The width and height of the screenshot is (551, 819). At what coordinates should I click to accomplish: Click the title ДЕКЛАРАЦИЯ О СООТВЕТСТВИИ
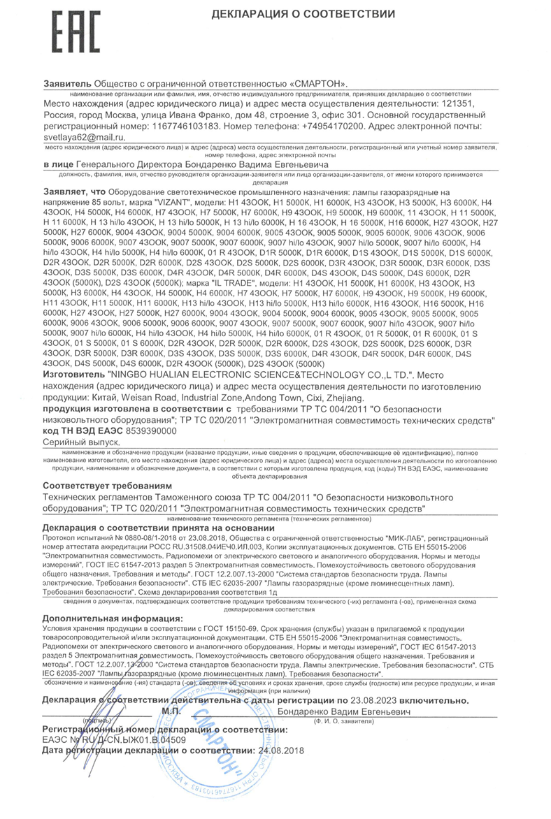(303, 14)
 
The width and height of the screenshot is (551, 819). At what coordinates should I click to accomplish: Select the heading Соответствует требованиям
(106, 485)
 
